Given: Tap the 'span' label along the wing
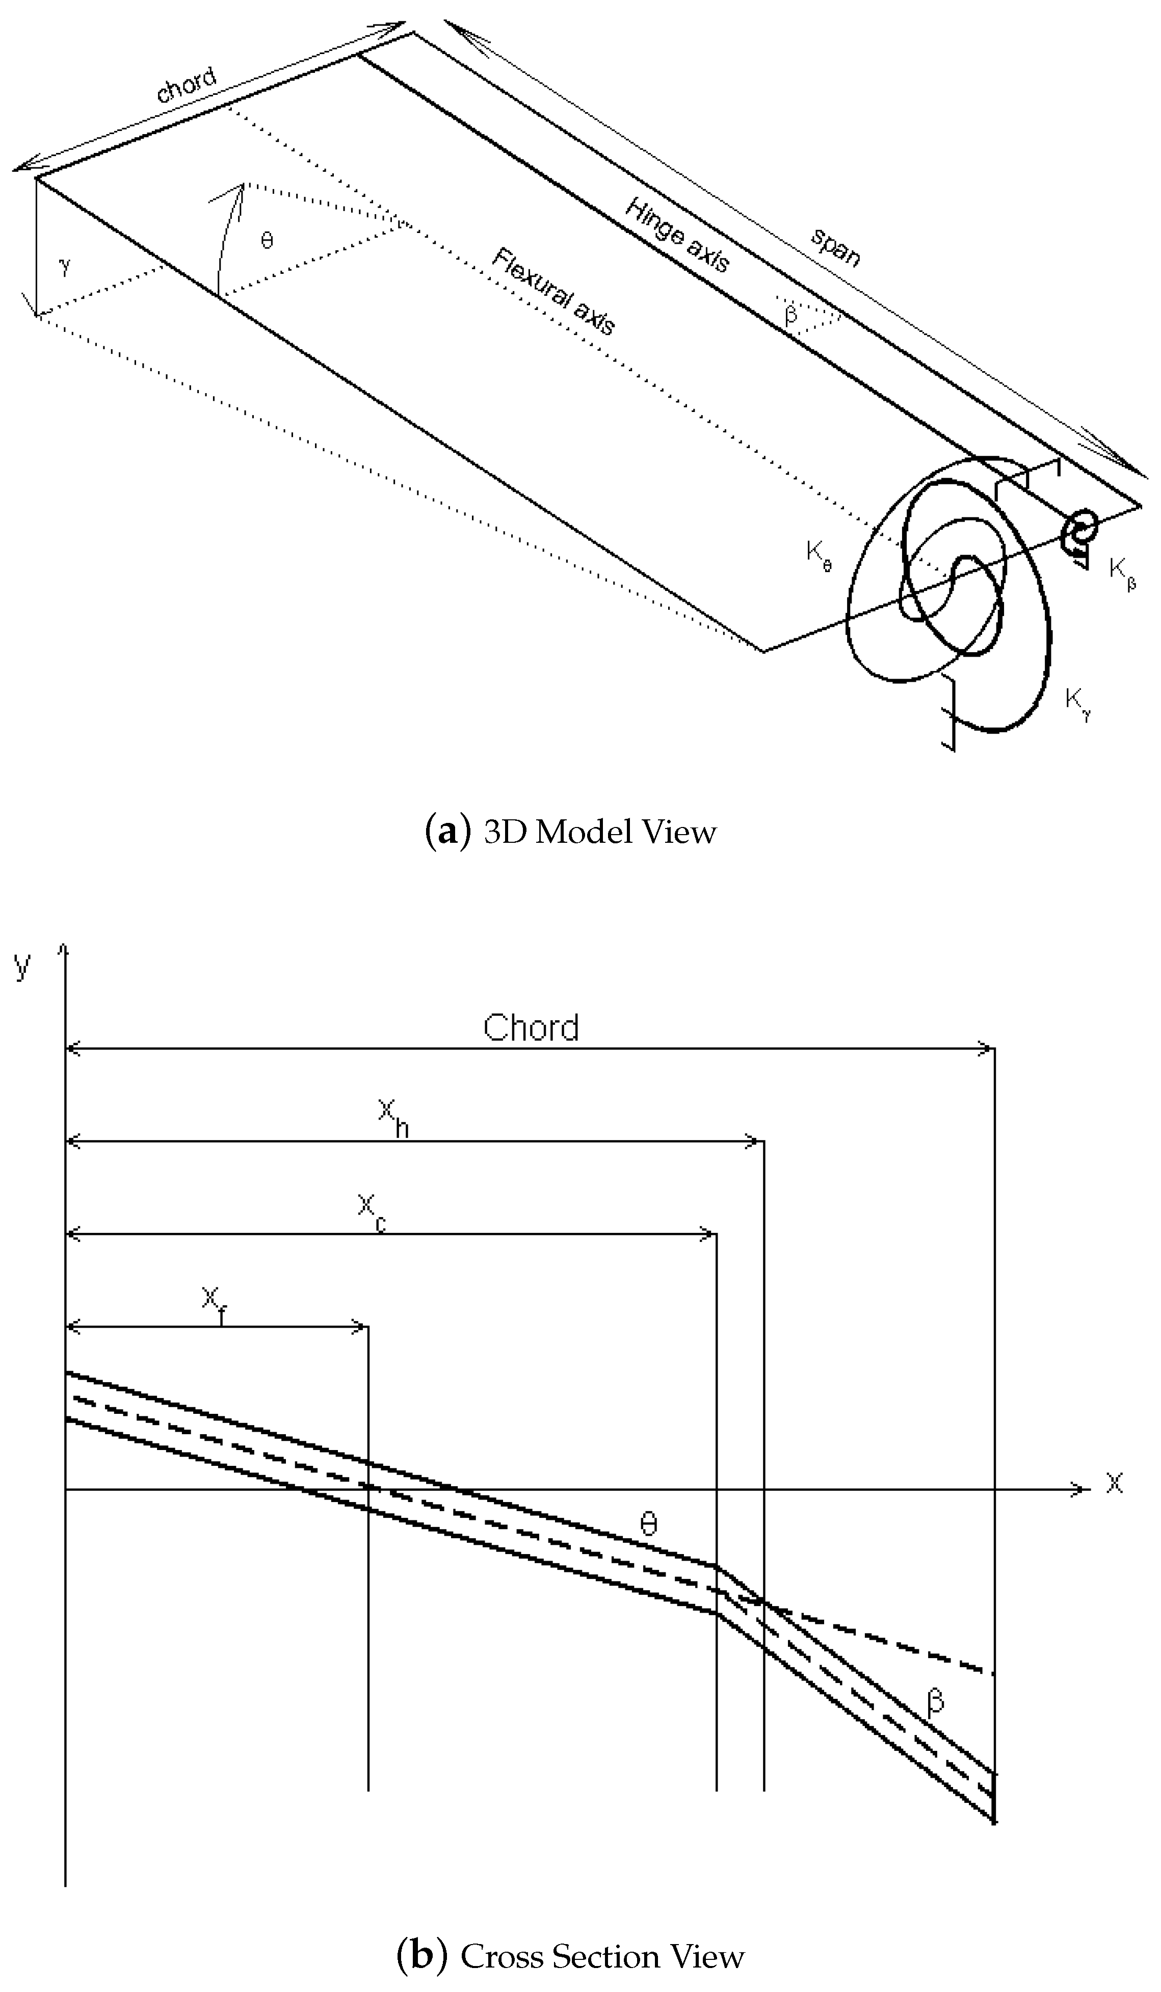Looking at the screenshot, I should coord(835,247).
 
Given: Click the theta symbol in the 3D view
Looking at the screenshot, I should coord(267,240).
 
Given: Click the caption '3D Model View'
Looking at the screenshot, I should coord(570,833).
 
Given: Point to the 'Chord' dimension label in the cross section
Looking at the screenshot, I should coord(531,1028).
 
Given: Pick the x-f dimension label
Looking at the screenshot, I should coord(214,1301).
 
